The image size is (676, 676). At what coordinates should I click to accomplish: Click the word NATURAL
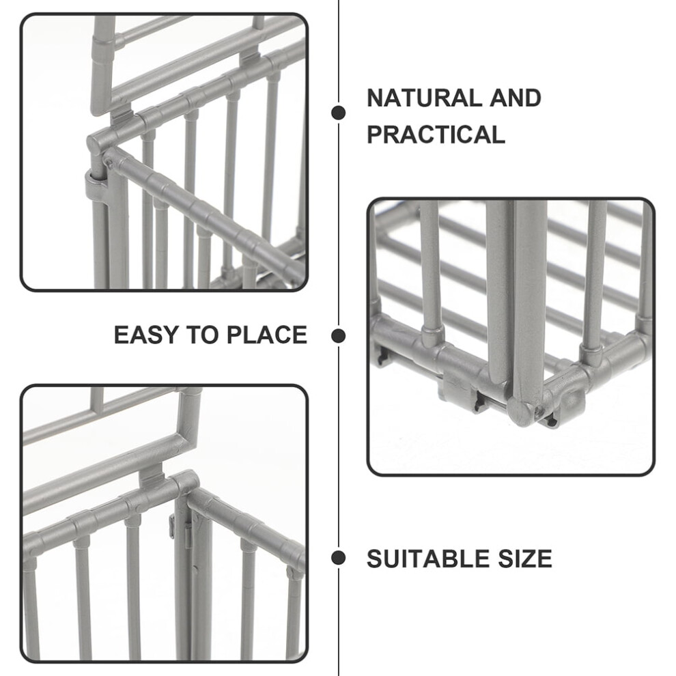click(x=424, y=98)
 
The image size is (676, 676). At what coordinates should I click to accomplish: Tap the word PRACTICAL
click(x=436, y=134)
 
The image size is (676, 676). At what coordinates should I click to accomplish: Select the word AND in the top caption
click(x=515, y=98)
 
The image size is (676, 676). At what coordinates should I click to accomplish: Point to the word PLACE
click(x=267, y=335)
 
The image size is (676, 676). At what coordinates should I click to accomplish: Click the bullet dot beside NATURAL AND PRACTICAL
click(x=339, y=113)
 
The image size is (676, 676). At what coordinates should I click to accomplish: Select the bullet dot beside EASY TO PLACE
click(x=339, y=335)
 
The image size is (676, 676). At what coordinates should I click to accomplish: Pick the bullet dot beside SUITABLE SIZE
click(x=339, y=558)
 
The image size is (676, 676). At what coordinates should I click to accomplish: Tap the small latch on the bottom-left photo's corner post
click(x=188, y=533)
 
